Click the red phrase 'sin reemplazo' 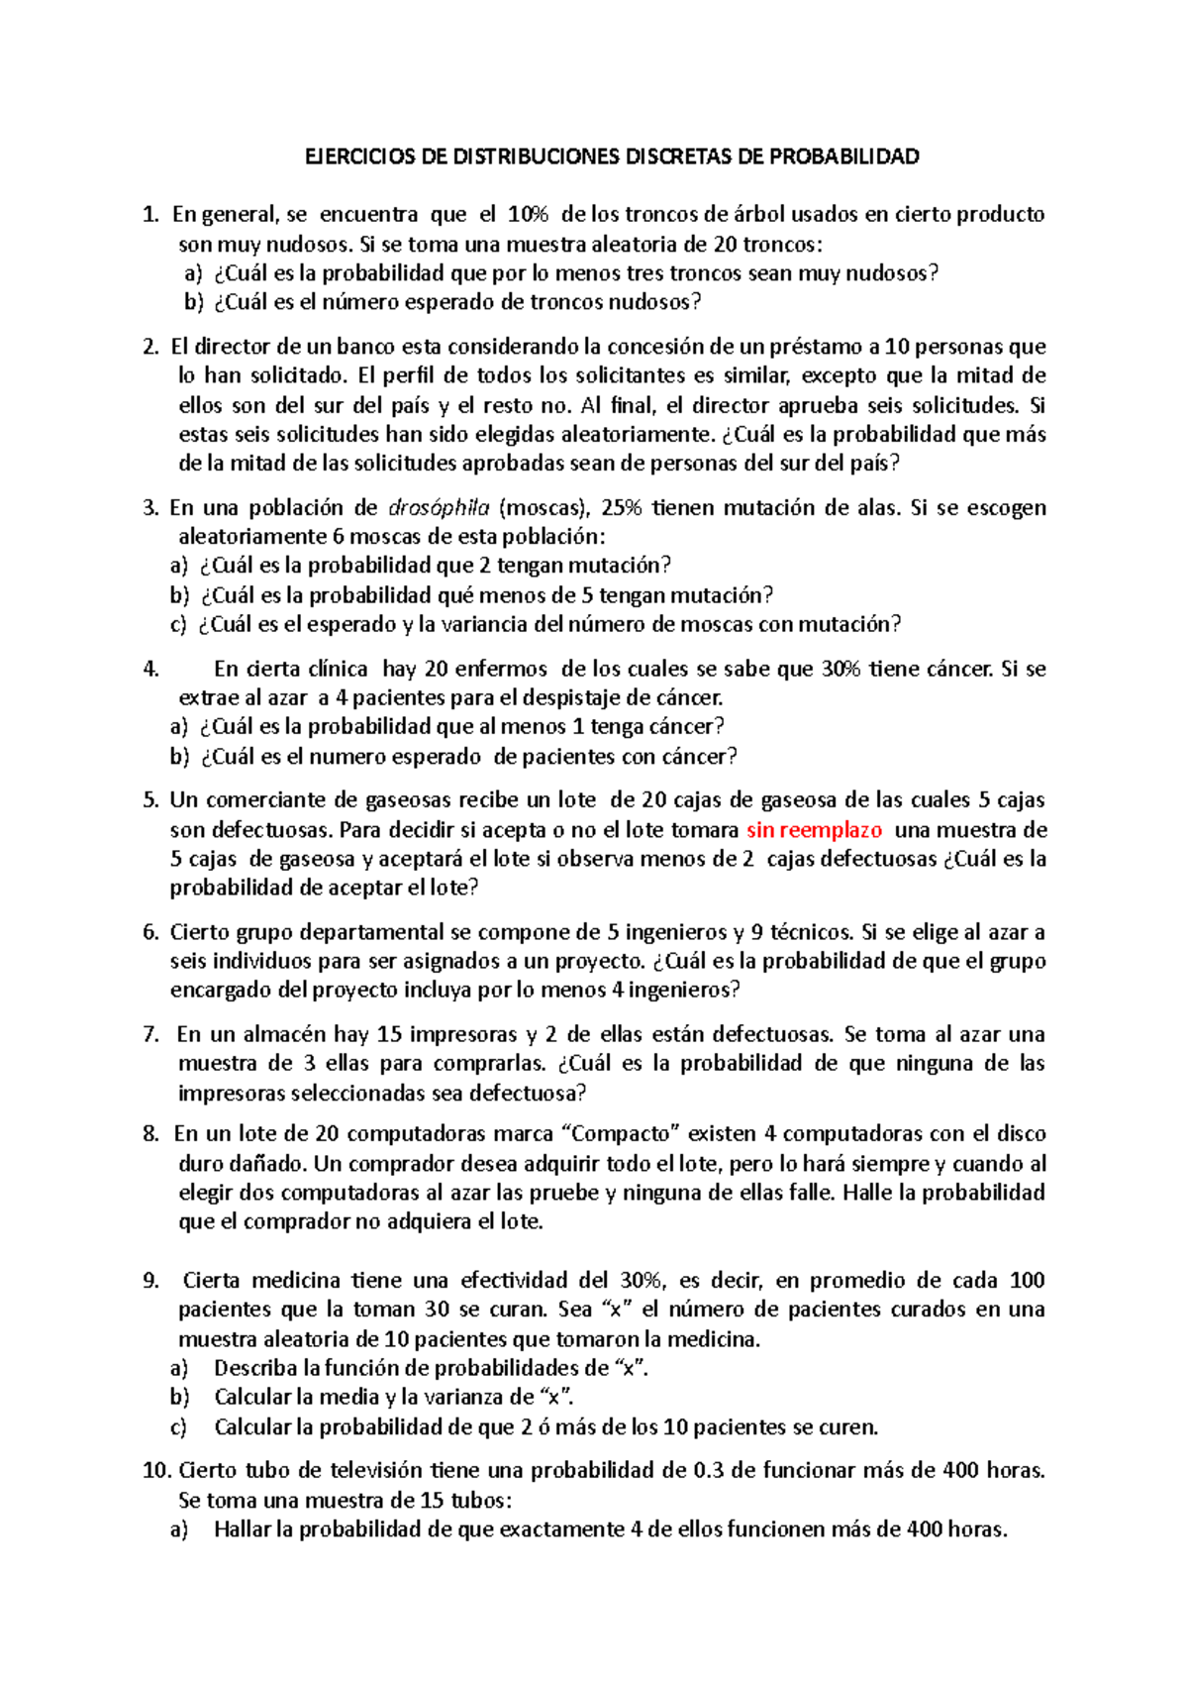pyautogui.click(x=814, y=830)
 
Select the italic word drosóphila pyautogui.click(x=439, y=508)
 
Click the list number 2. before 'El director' pyautogui.click(x=150, y=347)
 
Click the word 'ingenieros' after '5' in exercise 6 pyautogui.click(x=676, y=932)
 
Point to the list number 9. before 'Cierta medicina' pyautogui.click(x=150, y=1281)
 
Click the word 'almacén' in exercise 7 pyautogui.click(x=283, y=1035)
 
